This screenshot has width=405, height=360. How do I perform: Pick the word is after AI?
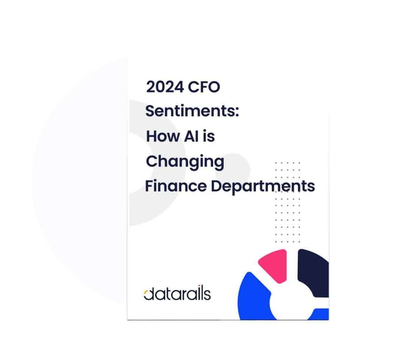pyautogui.click(x=210, y=136)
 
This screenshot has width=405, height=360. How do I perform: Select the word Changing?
pyautogui.click(x=185, y=162)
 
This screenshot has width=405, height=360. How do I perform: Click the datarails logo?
pyautogui.click(x=177, y=294)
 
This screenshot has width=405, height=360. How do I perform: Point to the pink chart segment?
pyautogui.click(x=273, y=264)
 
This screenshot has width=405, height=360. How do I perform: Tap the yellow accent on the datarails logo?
pyautogui.click(x=146, y=294)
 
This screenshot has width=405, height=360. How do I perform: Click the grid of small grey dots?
pyautogui.click(x=288, y=202)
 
